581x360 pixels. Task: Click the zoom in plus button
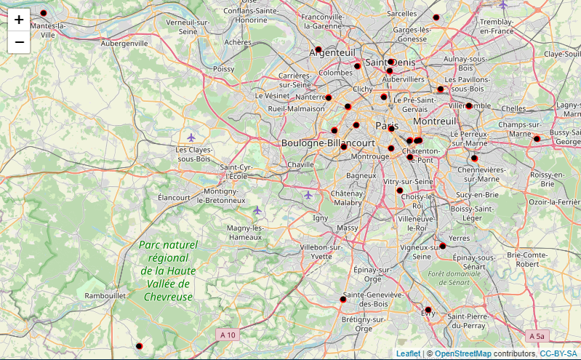coord(19,20)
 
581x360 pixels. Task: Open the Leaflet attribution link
coord(408,353)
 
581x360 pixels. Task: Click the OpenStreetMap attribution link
coord(462,353)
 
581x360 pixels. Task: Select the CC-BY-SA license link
coord(558,353)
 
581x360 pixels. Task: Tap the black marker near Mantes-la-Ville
coord(43,14)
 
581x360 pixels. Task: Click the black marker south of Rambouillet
coord(139,346)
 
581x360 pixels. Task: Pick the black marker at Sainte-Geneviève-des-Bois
coord(343,300)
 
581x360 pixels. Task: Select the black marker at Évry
coord(428,310)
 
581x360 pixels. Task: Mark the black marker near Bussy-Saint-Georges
coord(537,139)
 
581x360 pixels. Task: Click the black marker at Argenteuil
coord(318,49)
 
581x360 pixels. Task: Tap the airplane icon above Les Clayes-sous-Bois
coord(191,137)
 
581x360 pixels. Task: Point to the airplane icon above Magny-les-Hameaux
coord(257,210)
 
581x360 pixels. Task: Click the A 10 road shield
coord(227,335)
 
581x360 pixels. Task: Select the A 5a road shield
coord(537,336)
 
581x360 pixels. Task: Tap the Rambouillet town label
coord(106,296)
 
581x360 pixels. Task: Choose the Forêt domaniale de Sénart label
coord(456,277)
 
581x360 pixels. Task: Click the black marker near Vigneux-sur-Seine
coord(442,246)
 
